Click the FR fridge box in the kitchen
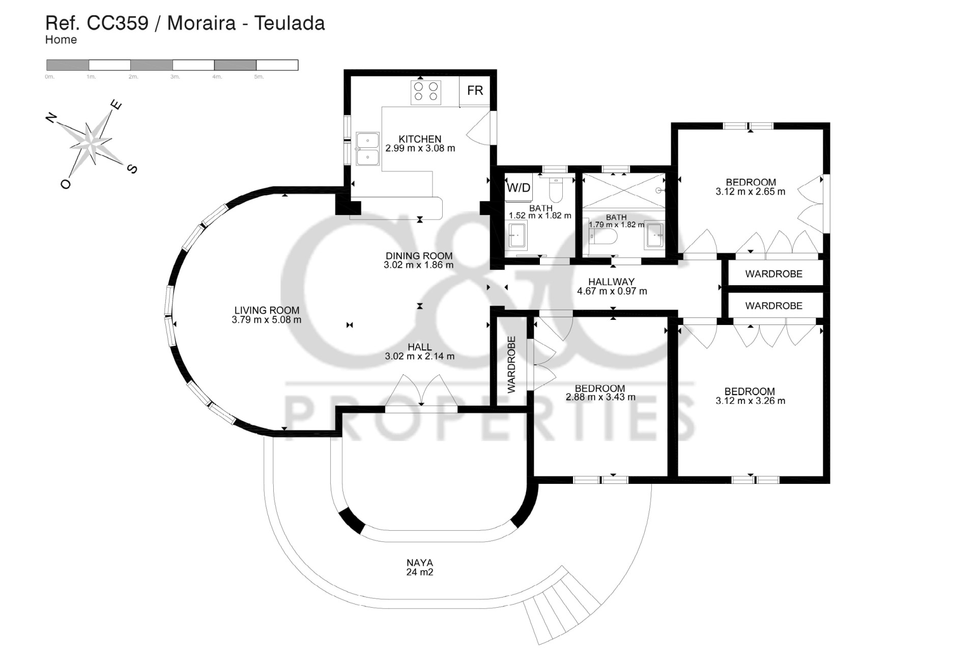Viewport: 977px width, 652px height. [x=475, y=91]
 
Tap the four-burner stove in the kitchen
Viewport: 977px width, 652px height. [x=426, y=92]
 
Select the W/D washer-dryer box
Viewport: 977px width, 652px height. [x=519, y=187]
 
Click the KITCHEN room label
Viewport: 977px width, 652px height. [x=420, y=139]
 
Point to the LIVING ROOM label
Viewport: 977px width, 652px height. [x=267, y=310]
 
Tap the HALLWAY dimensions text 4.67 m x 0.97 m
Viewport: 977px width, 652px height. [x=612, y=291]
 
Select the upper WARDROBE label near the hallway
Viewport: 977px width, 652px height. [x=773, y=274]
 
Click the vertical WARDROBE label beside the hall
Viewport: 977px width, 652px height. [x=511, y=364]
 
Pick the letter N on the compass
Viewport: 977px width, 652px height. [x=51, y=118]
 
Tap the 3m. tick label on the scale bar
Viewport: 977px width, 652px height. [x=175, y=77]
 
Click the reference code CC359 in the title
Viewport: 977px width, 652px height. [x=118, y=23]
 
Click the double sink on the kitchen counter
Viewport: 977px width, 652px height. [x=367, y=149]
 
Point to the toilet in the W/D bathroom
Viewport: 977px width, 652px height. [x=555, y=192]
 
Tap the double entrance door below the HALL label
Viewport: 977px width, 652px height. [x=421, y=391]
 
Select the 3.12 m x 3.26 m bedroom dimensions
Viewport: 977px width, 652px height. [x=750, y=401]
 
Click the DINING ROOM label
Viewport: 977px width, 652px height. [x=419, y=256]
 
